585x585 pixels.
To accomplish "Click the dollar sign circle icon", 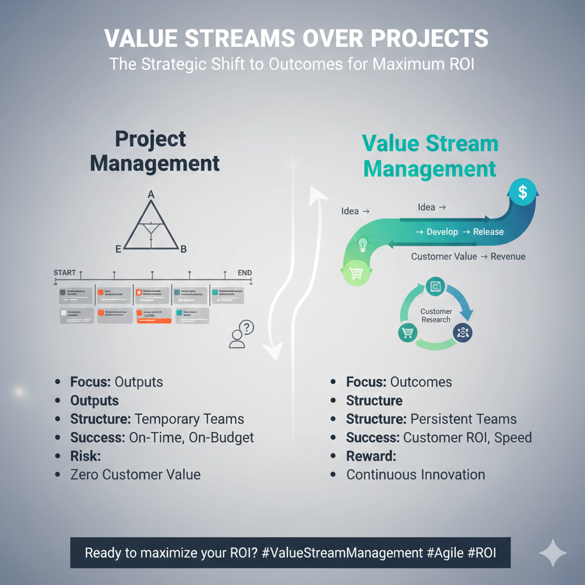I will click(522, 192).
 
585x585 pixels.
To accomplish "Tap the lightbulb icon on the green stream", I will click(363, 244).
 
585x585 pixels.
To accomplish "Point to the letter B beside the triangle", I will click(183, 249).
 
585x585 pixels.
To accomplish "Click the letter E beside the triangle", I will click(118, 249).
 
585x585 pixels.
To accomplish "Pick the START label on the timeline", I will click(65, 273).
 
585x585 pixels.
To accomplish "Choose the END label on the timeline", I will click(245, 273).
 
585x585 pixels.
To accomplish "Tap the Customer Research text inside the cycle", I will click(436, 315).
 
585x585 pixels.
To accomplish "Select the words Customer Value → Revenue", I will click(468, 257).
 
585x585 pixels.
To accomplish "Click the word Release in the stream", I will click(488, 232).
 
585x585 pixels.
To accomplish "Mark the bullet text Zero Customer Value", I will click(135, 474).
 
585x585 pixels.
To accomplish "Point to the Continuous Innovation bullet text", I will click(415, 474).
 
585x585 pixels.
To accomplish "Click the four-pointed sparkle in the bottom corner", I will click(553, 553).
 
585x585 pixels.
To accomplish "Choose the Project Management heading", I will click(155, 151).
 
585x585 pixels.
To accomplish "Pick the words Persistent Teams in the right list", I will click(463, 419).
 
